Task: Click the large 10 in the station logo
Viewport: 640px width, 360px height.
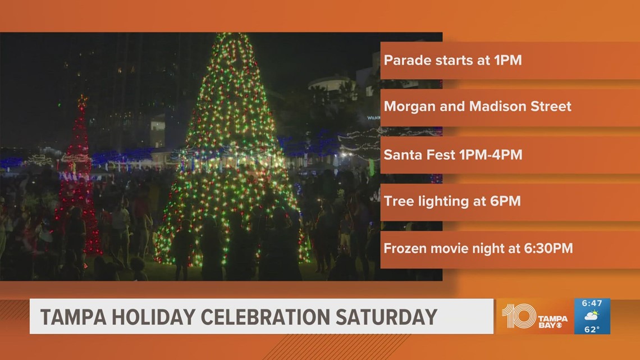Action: tap(518, 316)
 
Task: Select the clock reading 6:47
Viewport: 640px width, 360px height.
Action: tap(592, 303)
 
